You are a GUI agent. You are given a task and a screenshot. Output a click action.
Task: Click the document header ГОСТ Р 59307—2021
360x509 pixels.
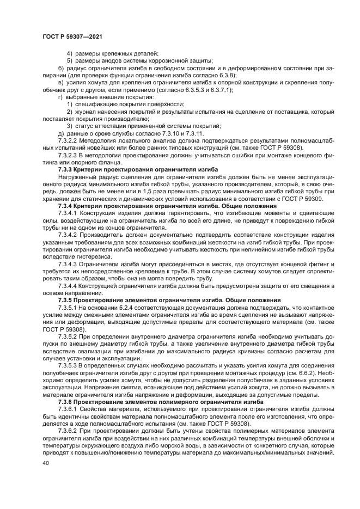click(x=72, y=35)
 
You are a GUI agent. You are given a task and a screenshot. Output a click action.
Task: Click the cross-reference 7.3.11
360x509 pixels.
click(x=194, y=133)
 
